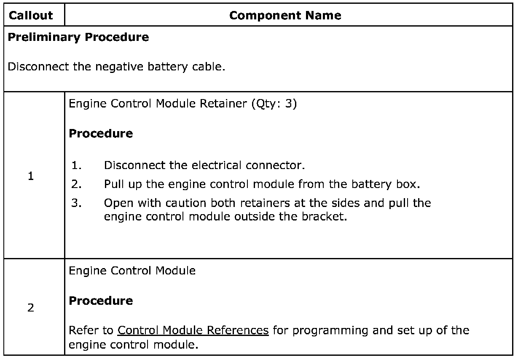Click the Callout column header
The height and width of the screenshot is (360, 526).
click(x=31, y=16)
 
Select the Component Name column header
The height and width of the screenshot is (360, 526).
click(x=285, y=16)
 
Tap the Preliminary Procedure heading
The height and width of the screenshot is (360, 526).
click(x=78, y=37)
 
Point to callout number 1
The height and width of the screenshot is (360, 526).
click(x=31, y=176)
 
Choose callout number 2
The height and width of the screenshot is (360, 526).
click(x=31, y=308)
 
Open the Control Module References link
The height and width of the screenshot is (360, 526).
click(x=193, y=330)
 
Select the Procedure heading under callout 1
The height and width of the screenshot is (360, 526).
click(x=101, y=134)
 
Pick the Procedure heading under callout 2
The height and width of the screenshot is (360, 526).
click(x=101, y=301)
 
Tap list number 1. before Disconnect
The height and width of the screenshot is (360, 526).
click(x=76, y=165)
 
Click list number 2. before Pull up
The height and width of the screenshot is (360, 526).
click(x=76, y=184)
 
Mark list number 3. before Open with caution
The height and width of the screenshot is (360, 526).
click(x=76, y=203)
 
